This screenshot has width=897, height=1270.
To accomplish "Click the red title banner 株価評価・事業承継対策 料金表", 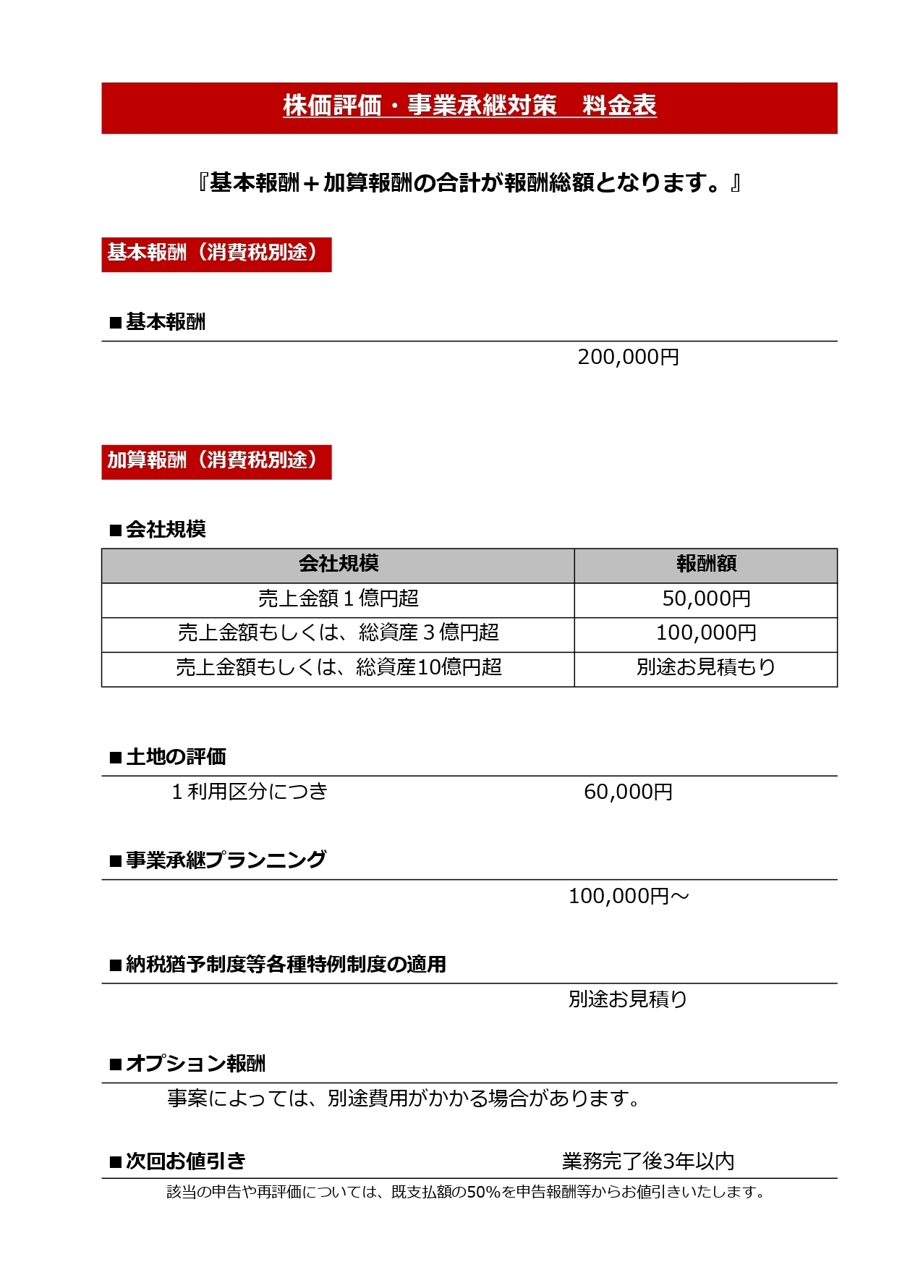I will [x=469, y=107].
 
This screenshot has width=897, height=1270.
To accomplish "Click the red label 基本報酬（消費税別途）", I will [x=216, y=254].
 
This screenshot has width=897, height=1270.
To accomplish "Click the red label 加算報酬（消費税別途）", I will [x=216, y=462].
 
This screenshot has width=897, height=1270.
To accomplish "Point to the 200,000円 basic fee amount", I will [x=628, y=357].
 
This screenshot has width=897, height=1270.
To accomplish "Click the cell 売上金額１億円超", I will [x=338, y=599].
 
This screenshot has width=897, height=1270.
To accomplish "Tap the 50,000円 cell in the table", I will [x=706, y=599].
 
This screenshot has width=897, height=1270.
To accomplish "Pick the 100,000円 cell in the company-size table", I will [x=706, y=634].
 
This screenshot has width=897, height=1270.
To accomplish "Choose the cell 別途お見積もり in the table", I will [x=706, y=668].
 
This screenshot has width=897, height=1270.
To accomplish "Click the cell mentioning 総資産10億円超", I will [x=338, y=668].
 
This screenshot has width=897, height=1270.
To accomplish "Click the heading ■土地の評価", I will [x=168, y=758].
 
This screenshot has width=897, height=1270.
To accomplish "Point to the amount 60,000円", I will [x=628, y=792].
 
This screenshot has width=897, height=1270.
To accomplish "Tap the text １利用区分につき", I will [x=250, y=792].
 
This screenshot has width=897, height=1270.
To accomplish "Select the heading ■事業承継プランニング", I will [x=218, y=860].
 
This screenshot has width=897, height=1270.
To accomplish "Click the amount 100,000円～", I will [x=628, y=897].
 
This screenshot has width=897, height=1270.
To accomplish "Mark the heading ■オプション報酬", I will [x=187, y=1064].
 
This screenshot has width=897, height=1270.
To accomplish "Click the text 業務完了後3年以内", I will [x=648, y=1162].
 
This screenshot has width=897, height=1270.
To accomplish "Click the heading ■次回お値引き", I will [x=178, y=1162].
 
